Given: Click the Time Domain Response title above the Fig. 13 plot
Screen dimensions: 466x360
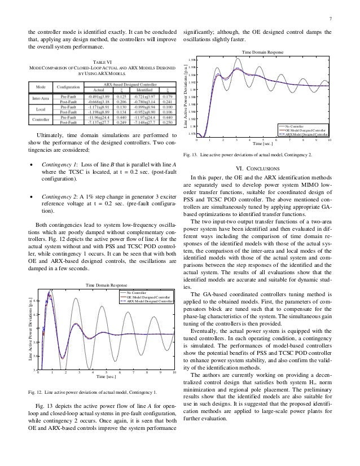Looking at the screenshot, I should (262, 52).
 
